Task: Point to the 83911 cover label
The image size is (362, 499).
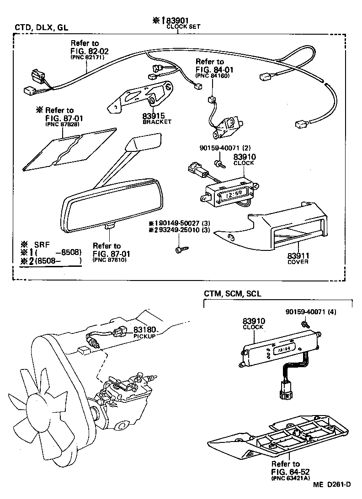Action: click(298, 255)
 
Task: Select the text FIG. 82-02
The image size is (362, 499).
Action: click(89, 51)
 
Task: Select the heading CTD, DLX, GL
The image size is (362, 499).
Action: click(41, 27)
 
